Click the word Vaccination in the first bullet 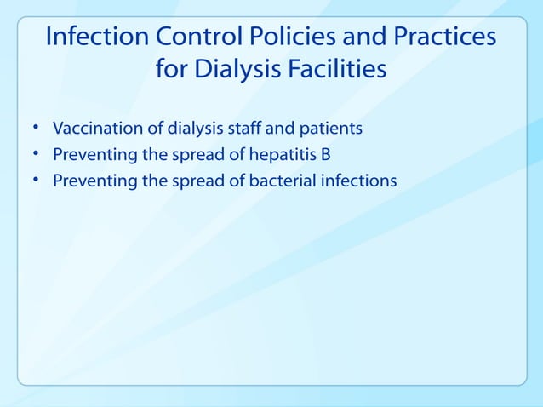[91, 129]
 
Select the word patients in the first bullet [332, 130]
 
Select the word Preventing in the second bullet [90, 156]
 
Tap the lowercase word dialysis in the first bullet [177, 130]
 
